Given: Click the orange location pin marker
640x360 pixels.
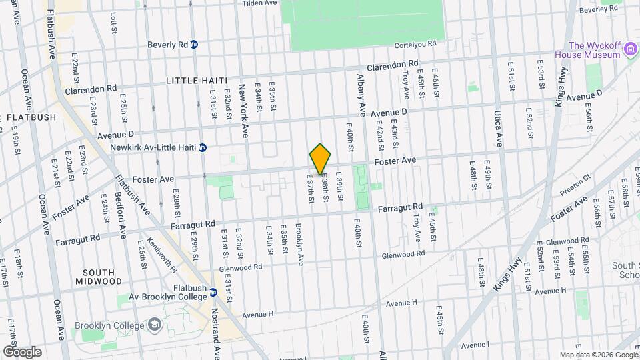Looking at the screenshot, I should [321, 159].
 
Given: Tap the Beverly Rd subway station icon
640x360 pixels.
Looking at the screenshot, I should [194, 45].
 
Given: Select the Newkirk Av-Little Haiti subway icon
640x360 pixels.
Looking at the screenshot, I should [203, 147].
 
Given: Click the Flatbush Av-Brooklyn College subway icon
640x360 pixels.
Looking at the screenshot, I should [213, 292].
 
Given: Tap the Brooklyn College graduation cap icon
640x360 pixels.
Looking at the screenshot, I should [155, 325].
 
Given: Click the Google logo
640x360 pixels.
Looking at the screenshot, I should [22, 352].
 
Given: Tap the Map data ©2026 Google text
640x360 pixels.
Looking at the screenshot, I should [598, 355].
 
